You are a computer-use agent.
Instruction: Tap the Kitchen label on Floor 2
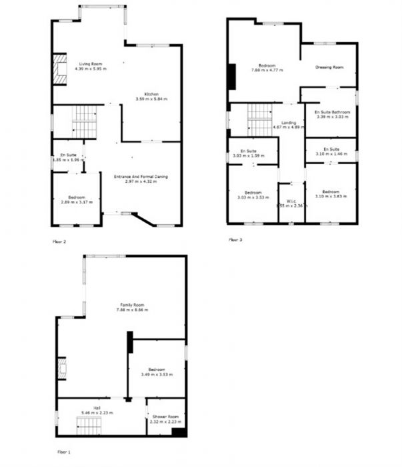[151, 93]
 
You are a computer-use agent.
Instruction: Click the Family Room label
[131, 305]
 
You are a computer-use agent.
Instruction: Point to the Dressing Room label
[329, 67]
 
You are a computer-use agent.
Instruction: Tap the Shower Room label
[164, 416]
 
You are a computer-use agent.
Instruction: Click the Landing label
[289, 123]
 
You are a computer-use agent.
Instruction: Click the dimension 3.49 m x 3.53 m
[157, 374]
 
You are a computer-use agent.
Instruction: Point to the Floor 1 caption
[64, 452]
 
